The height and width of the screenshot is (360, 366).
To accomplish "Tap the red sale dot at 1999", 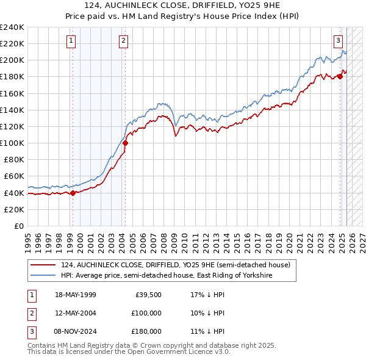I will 73,193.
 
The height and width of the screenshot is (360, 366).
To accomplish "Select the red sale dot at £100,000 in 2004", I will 125,143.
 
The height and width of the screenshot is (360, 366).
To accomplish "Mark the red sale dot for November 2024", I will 340,77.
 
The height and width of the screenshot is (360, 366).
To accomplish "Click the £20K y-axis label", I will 14,209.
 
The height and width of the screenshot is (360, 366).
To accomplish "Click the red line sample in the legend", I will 43,265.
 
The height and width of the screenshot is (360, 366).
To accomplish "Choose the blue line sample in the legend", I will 43,275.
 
